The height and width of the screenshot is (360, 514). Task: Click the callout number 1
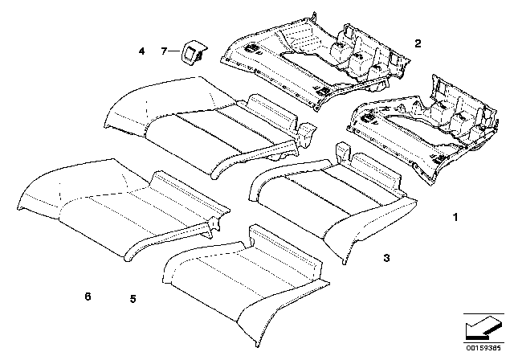[x=456, y=218]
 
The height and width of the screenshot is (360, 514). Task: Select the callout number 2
[x=417, y=43]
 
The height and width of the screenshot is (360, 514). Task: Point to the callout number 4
[x=141, y=51]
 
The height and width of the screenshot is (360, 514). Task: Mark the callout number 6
[x=88, y=297]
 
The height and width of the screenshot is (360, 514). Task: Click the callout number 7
[x=164, y=51]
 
